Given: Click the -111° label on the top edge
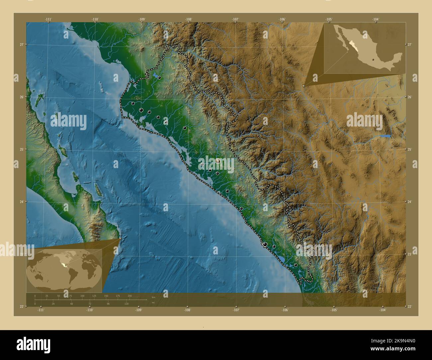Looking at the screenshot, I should click(48, 19).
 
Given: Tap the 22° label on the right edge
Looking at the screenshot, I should click(410, 306).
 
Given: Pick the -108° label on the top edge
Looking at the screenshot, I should click(189, 19).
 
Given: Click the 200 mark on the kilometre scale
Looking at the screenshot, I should click(130, 296).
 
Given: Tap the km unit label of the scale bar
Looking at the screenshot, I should click(153, 297).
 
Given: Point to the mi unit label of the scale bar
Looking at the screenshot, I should click(153, 303).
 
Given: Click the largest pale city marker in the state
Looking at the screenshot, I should click(218, 161).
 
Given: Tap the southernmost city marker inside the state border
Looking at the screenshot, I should click(295, 265).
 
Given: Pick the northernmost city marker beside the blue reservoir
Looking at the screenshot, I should click(160, 78).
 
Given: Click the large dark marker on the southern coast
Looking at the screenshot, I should click(265, 244).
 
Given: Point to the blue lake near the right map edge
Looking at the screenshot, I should click(385, 136).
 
